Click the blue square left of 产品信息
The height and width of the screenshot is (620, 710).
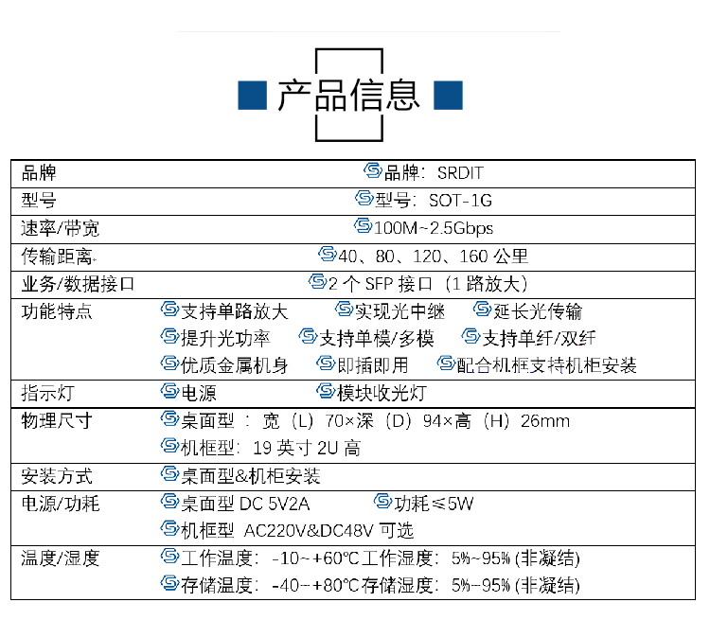[252, 95]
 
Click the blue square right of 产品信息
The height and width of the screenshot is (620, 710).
[449, 95]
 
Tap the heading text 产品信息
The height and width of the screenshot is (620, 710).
[348, 95]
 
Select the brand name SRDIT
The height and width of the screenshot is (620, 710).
[460, 173]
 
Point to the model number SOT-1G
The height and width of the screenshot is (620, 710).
[460, 201]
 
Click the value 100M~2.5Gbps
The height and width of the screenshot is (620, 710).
[434, 228]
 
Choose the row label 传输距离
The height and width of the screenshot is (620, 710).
[57, 257]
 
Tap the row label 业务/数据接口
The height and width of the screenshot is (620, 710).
[78, 284]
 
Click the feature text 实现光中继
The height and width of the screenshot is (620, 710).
[399, 311]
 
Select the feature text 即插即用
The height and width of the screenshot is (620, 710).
[373, 365]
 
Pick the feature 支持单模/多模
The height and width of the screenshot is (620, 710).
[377, 339]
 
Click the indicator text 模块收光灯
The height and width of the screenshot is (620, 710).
[382, 393]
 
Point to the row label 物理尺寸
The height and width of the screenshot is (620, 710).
[57, 421]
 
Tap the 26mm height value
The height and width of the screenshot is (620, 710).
[545, 421]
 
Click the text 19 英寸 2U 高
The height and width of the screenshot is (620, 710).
[307, 449]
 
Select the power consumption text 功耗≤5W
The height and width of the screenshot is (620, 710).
[434, 504]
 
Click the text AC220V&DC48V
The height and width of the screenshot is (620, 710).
[309, 531]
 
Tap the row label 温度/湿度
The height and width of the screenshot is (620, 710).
[61, 558]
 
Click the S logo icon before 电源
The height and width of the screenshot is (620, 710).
[169, 391]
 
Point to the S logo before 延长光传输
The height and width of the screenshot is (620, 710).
[482, 310]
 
